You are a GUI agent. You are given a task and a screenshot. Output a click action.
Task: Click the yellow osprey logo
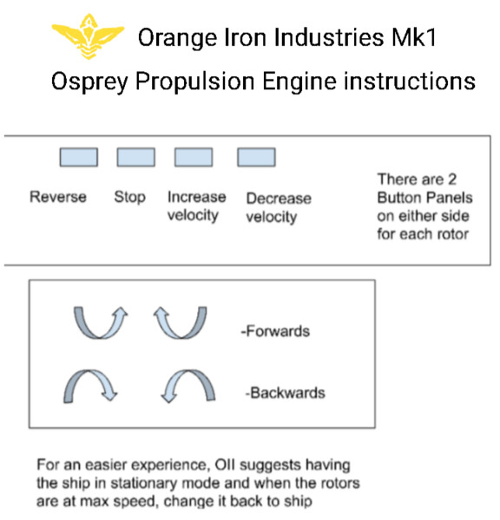[88, 36]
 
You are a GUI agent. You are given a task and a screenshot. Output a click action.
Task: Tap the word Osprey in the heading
[89, 81]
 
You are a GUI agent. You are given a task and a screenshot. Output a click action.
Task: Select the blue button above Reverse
[79, 157]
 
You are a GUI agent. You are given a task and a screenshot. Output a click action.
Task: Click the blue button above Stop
[136, 157]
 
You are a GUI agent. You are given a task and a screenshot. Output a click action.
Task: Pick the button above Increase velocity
[194, 157]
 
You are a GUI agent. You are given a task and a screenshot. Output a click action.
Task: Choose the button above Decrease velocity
[256, 157]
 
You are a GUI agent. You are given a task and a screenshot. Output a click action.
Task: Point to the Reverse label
[58, 197]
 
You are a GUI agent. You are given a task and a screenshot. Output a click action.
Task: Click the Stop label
[130, 197]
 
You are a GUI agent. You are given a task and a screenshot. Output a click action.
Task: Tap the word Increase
[197, 197]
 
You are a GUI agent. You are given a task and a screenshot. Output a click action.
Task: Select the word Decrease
[279, 198]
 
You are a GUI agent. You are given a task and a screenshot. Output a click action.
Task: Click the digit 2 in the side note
[452, 179]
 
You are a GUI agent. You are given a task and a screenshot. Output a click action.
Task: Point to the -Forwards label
[275, 331]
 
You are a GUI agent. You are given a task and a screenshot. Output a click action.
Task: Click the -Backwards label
[285, 393]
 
